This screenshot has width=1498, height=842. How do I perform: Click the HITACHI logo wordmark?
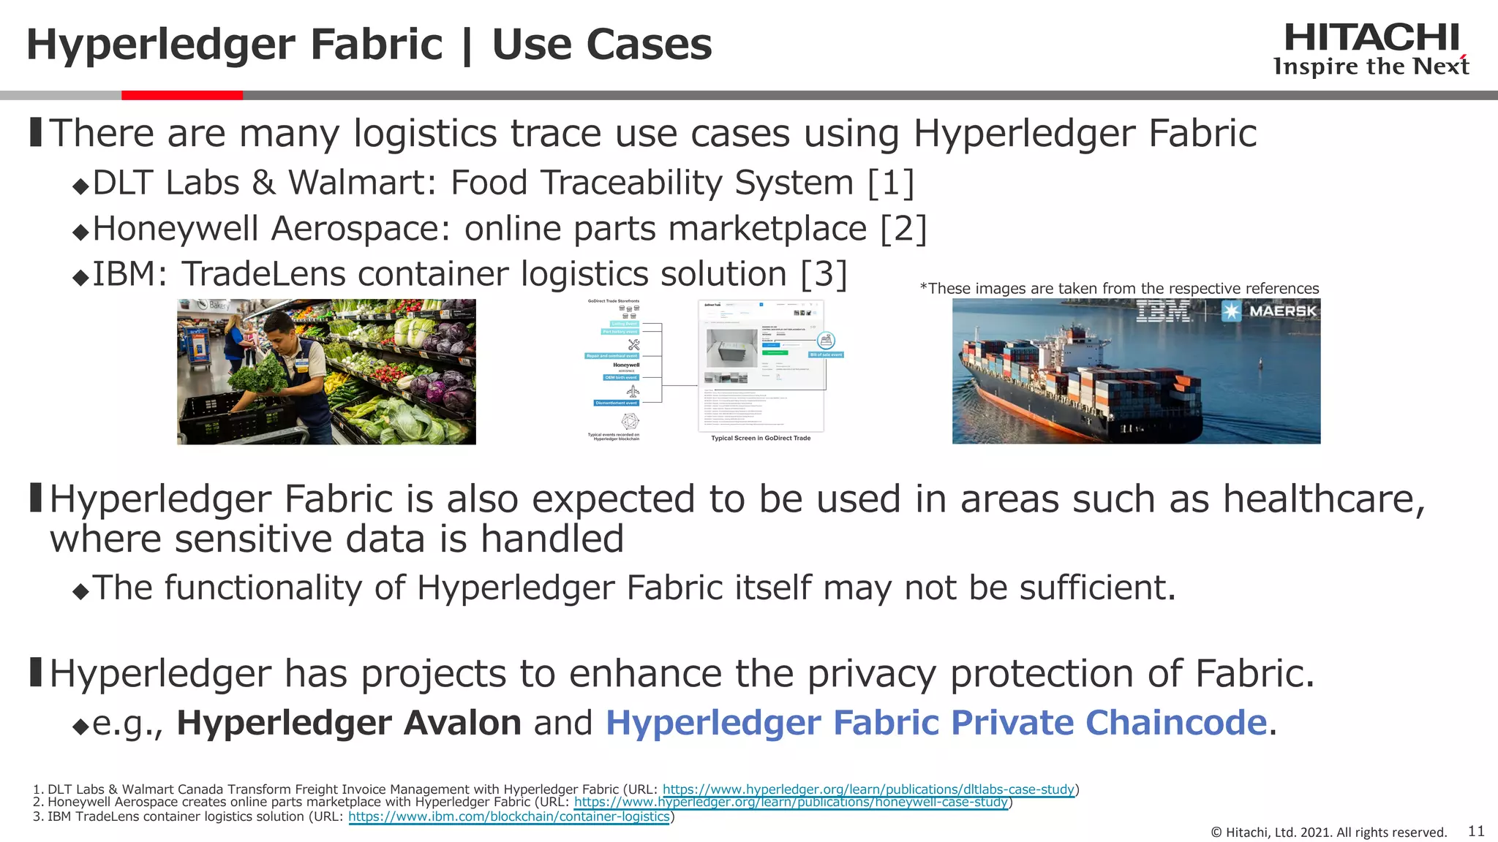1371,38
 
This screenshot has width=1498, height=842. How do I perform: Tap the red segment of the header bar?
182,95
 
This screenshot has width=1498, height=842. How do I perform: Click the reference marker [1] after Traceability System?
890,183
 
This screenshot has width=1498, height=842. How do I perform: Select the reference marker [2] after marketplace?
903,229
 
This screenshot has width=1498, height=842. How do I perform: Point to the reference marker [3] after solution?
824,275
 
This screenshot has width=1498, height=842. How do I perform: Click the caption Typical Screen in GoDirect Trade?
761,439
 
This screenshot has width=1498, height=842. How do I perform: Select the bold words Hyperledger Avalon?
349,723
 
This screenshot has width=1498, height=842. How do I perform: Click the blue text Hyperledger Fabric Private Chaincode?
936,723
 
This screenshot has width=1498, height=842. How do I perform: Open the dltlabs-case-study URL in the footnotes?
868,789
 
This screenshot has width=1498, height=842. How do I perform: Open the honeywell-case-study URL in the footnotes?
791,803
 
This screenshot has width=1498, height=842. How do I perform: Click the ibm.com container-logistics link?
509,816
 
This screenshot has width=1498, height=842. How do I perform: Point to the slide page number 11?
1476,831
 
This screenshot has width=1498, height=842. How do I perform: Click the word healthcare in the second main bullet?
1324,500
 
